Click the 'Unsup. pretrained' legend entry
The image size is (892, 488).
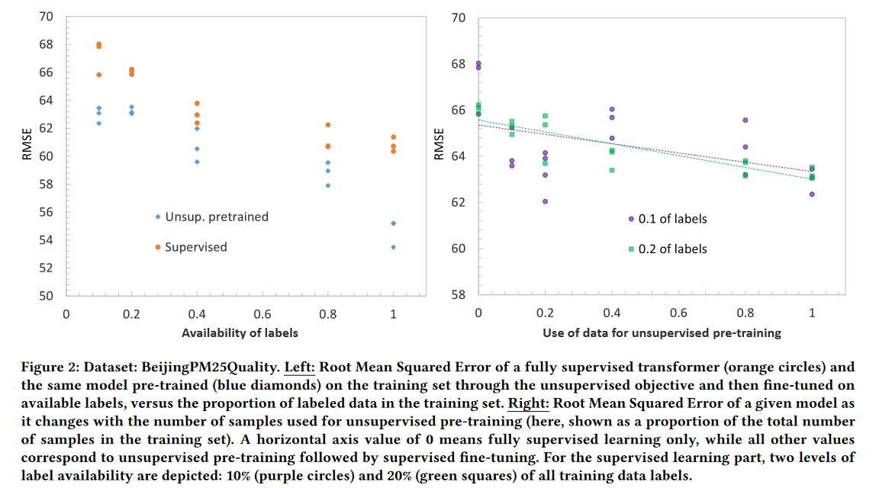click(217, 217)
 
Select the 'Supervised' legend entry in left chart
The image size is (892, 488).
click(195, 247)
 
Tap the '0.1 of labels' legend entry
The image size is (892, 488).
click(672, 219)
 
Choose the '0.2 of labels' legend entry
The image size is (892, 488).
click(672, 249)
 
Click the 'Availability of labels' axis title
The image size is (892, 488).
click(240, 332)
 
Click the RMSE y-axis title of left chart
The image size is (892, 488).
click(27, 143)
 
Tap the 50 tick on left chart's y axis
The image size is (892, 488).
click(46, 296)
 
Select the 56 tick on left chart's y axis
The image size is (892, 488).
click(46, 212)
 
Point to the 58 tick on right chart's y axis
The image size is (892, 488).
click(459, 295)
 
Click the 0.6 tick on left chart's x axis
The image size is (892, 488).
click(262, 313)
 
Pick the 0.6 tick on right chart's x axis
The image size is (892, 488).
click(678, 313)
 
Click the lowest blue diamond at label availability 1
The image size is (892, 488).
click(393, 247)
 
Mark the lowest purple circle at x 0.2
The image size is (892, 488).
click(545, 201)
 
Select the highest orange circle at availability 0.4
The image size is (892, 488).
click(197, 103)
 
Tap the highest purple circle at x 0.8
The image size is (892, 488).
click(745, 120)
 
